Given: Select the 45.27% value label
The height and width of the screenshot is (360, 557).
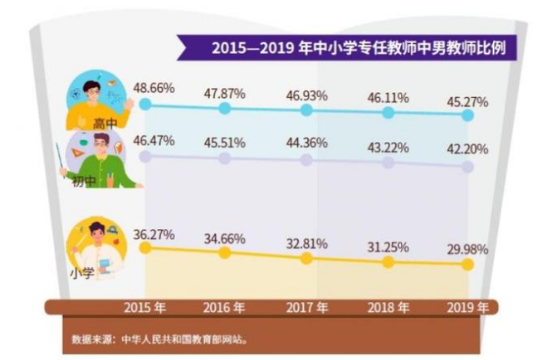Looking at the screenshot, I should pos(467,101).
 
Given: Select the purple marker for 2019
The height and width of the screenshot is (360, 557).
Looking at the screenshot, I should pos(467,167).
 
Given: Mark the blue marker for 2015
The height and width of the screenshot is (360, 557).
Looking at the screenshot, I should pos(146,105).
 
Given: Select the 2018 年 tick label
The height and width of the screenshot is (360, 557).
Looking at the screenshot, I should pos(389,308).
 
